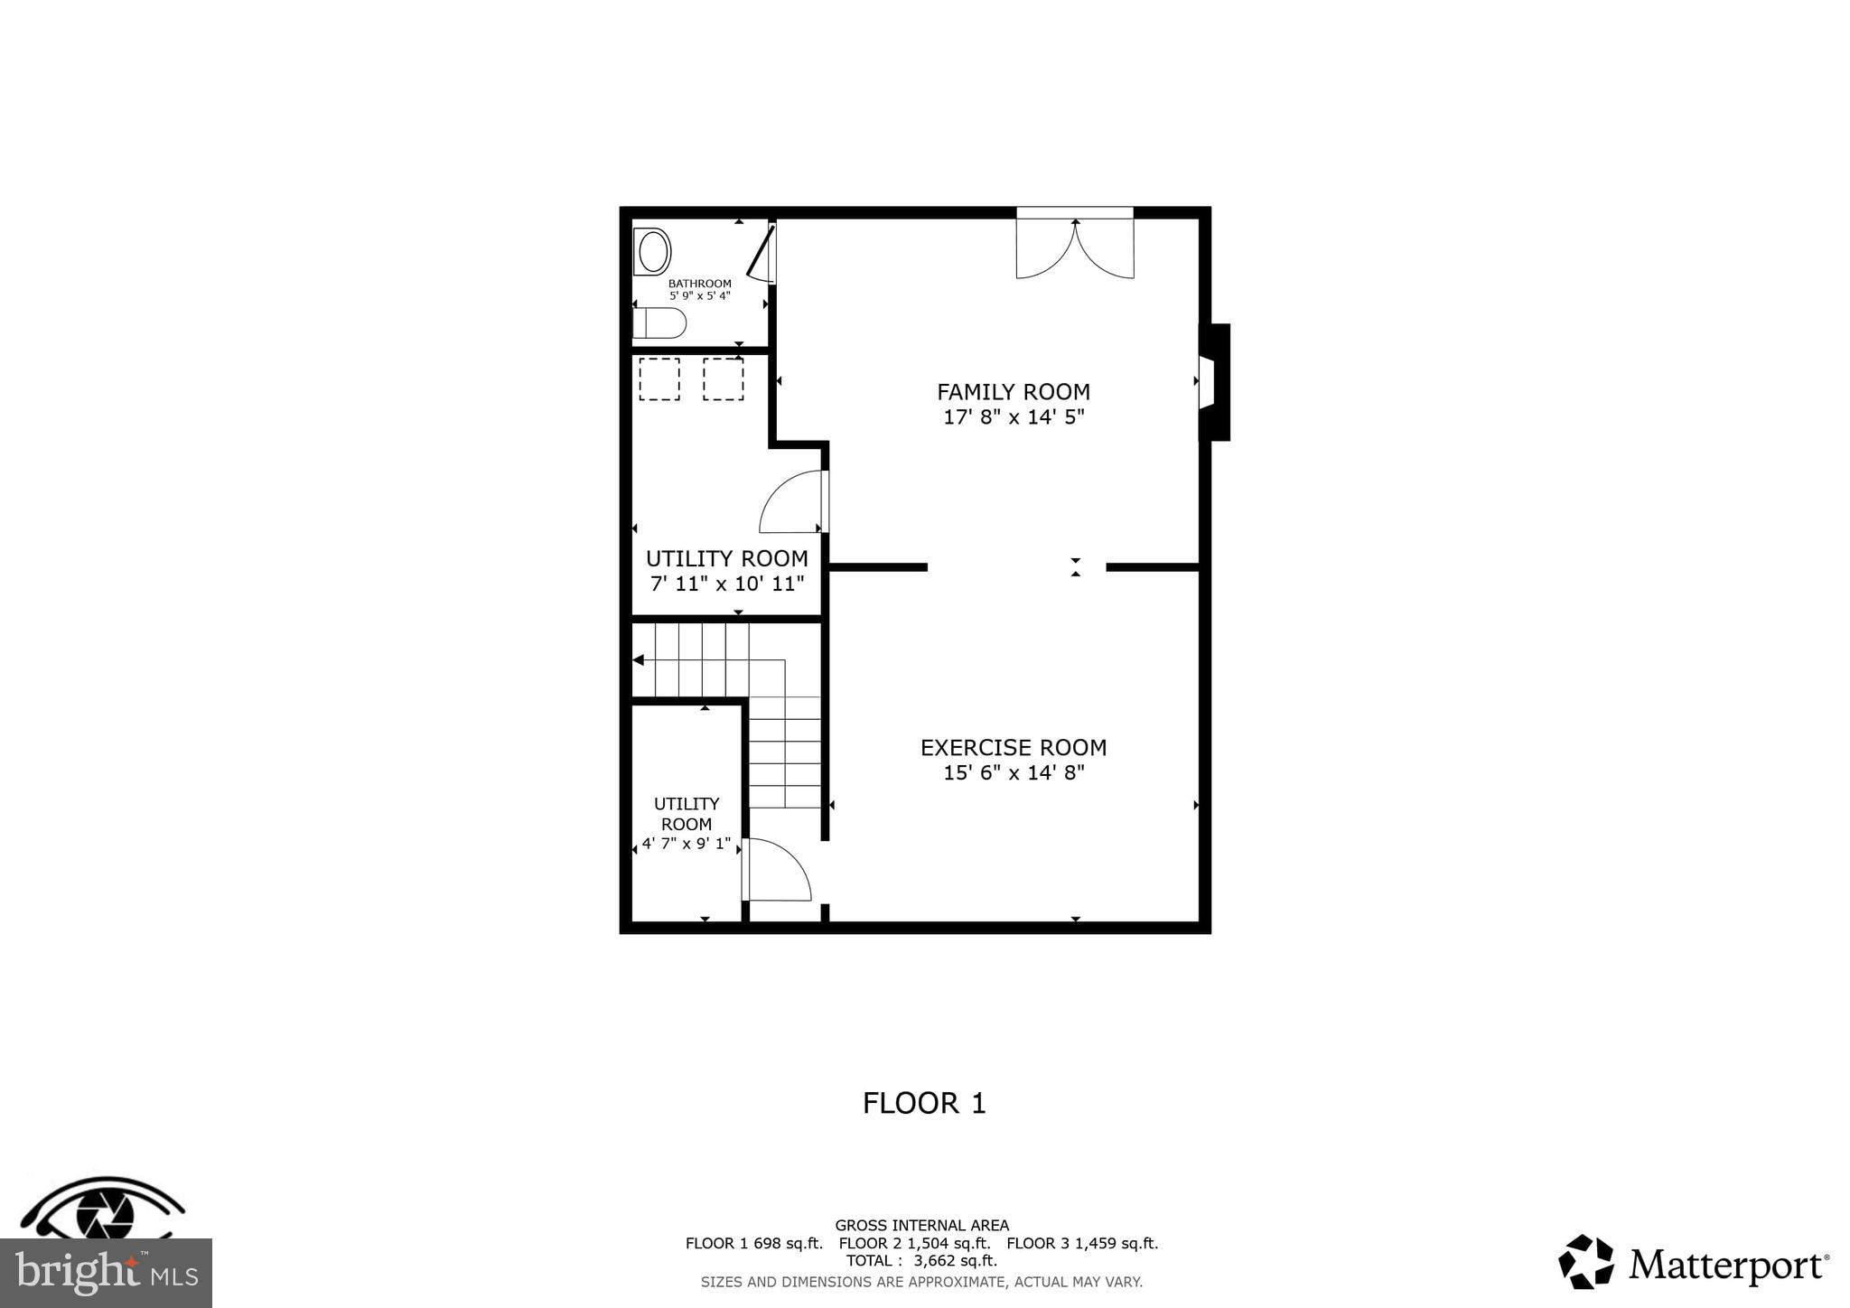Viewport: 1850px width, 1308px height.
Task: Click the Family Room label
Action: pyautogui.click(x=1013, y=392)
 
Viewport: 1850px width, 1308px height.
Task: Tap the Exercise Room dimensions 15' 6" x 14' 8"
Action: pyautogui.click(x=1013, y=773)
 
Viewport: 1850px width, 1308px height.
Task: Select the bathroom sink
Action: pyautogui.click(x=652, y=251)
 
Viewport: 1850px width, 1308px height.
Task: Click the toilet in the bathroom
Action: pyautogui.click(x=660, y=322)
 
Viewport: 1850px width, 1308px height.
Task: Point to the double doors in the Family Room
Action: pyautogui.click(x=1074, y=247)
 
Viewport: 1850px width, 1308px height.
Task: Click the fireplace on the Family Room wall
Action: pyautogui.click(x=1212, y=382)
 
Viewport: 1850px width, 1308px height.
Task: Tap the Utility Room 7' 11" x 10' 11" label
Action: pyautogui.click(x=726, y=570)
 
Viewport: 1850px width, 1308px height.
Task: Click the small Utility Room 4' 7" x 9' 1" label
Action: pyautogui.click(x=687, y=823)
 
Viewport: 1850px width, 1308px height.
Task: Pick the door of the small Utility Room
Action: pyautogui.click(x=777, y=871)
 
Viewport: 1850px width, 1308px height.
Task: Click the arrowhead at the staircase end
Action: pyautogui.click(x=638, y=660)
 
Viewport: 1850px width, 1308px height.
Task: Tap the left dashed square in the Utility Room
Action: pyautogui.click(x=659, y=378)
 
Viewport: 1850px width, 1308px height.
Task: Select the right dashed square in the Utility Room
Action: pyautogui.click(x=723, y=378)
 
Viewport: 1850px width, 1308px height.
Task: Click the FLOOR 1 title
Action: pyautogui.click(x=923, y=1103)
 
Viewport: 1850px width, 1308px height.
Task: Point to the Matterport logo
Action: pyautogui.click(x=1693, y=1263)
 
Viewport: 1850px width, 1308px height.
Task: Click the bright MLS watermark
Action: pyautogui.click(x=106, y=1274)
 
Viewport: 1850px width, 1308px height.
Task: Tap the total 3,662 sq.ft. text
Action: pyautogui.click(x=921, y=1261)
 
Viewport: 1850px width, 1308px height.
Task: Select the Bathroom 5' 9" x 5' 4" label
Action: pyautogui.click(x=699, y=289)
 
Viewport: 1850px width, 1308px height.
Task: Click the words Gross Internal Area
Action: pyautogui.click(x=921, y=1226)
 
